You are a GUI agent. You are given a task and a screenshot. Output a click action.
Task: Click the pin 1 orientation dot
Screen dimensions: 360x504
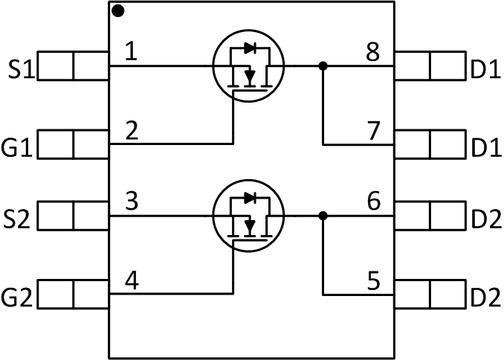(119, 11)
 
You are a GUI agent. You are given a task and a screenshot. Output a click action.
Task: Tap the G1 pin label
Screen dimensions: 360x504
(18, 145)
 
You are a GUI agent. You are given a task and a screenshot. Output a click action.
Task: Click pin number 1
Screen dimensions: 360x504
(131, 52)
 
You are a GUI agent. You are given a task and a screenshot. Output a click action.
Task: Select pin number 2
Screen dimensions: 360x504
(131, 131)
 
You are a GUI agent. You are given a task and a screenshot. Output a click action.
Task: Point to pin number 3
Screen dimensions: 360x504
(131, 202)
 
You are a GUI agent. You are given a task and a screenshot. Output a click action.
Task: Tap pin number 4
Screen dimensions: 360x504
(131, 282)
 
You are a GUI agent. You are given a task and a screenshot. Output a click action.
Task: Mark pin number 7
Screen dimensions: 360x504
(375, 131)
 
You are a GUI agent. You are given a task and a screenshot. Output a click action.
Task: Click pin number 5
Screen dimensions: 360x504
(373, 282)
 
